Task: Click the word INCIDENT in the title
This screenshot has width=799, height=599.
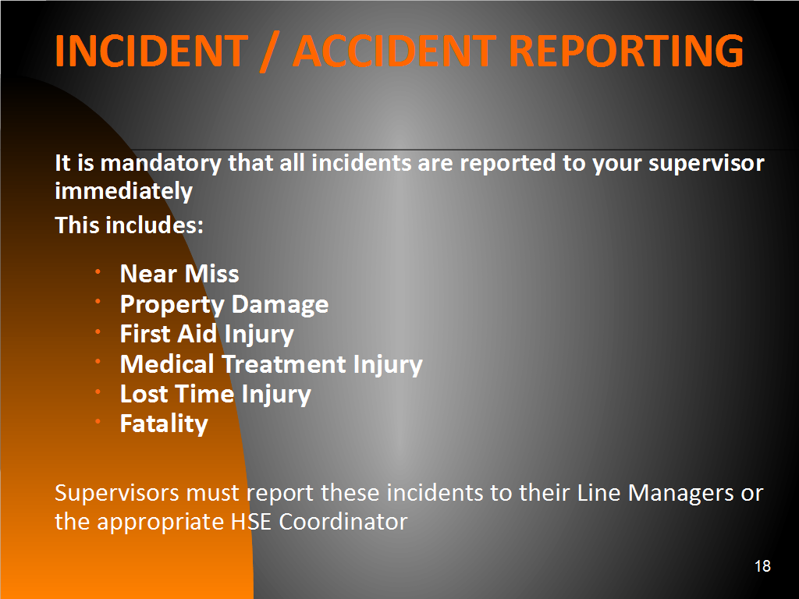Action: point(151,51)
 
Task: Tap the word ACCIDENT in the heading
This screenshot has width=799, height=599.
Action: point(395,51)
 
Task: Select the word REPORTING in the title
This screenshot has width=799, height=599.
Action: point(627,51)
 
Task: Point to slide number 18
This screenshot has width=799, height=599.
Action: point(762,566)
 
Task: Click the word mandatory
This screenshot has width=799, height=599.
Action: point(161,164)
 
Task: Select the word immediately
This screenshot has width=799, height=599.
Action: point(124,192)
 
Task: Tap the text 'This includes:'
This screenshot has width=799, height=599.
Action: point(130,225)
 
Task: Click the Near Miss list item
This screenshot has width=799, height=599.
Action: point(179,274)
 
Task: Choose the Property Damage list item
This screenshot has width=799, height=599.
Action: point(224,305)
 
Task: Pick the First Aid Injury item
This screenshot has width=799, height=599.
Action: point(207,335)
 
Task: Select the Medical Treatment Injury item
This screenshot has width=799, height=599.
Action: point(271,365)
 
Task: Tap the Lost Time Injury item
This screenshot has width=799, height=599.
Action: point(215,394)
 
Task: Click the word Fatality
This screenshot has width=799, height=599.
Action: point(164,424)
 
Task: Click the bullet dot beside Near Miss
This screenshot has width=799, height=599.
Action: point(98,271)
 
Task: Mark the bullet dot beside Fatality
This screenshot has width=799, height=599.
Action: point(98,422)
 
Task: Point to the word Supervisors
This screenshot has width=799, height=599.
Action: point(117,493)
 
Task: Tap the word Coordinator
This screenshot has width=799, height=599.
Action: point(343,522)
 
